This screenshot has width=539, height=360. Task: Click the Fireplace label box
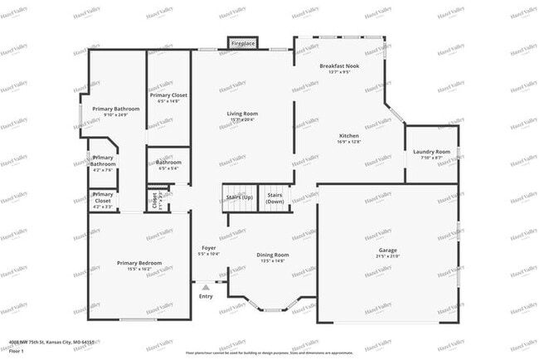pos(243,42)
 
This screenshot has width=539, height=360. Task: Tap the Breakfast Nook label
pos(339,66)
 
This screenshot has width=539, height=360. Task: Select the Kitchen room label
pos(349,136)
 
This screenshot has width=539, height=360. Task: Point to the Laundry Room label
pos(431,152)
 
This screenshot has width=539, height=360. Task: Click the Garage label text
pos(388,250)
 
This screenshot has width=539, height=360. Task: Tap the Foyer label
pos(209,248)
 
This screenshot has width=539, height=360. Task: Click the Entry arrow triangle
pos(206,288)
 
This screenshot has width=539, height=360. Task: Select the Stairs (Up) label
pos(239,197)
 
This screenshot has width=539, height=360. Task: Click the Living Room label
pos(243,114)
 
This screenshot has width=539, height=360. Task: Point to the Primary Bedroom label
pos(139,263)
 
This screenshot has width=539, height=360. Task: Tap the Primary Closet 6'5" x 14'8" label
pos(168,95)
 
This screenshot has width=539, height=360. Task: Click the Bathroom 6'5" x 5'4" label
pos(168,162)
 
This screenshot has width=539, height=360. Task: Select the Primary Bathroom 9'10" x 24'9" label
pos(116,109)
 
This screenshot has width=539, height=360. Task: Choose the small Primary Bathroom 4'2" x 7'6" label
pos(104,161)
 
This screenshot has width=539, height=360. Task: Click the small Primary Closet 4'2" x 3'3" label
pos(103,197)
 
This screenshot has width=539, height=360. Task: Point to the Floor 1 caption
pos(15,350)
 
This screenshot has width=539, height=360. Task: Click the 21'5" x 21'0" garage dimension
pos(388,256)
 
